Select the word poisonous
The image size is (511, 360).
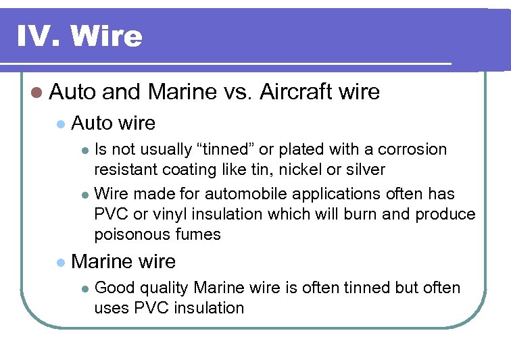129,234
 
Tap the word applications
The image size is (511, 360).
335,194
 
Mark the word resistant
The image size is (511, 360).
122,170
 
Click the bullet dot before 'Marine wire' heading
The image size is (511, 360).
61,261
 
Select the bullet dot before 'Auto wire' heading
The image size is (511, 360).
61,124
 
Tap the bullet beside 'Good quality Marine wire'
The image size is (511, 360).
84,288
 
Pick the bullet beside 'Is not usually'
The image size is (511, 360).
84,150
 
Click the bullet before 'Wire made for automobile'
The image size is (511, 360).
84,195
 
